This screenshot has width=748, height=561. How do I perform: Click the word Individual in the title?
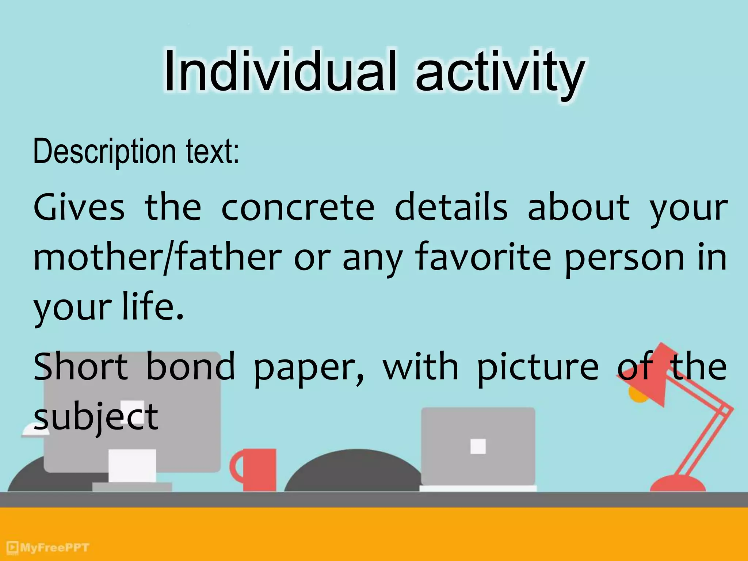280,71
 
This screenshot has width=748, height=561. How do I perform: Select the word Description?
104,152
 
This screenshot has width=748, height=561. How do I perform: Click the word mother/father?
157,257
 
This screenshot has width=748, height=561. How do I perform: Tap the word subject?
96,417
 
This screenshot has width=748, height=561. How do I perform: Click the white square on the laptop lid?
478,446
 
